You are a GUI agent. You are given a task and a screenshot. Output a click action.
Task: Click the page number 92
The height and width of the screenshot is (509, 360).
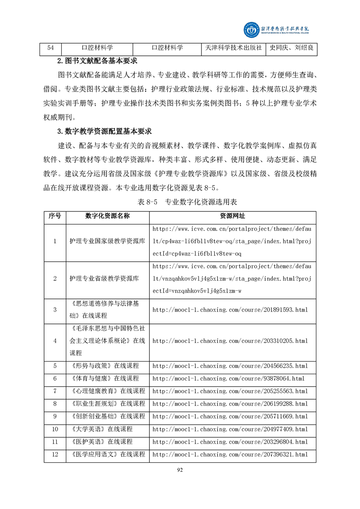(180, 470)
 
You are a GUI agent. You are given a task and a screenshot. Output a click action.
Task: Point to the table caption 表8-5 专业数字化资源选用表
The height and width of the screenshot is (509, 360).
(181, 202)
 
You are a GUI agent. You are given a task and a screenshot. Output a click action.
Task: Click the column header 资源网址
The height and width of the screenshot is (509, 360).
(232, 216)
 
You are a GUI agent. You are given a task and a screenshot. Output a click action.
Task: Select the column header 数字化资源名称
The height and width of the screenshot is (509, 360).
(107, 216)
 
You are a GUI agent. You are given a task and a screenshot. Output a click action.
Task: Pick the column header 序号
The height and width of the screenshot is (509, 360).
(55, 216)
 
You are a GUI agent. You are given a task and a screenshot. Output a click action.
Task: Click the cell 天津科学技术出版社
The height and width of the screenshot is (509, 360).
(233, 48)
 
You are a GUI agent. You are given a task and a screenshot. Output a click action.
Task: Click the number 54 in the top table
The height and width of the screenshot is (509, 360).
(51, 48)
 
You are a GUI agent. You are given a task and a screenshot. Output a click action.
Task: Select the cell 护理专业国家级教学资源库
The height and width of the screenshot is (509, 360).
(107, 241)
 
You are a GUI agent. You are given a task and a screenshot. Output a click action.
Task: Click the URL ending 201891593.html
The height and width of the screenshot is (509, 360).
(230, 310)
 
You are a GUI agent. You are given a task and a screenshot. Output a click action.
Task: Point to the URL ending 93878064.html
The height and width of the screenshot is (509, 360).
(228, 378)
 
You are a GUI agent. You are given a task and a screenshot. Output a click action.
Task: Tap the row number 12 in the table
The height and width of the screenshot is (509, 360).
(55, 454)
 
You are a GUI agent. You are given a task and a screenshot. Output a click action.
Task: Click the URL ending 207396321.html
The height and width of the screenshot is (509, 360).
(230, 454)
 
